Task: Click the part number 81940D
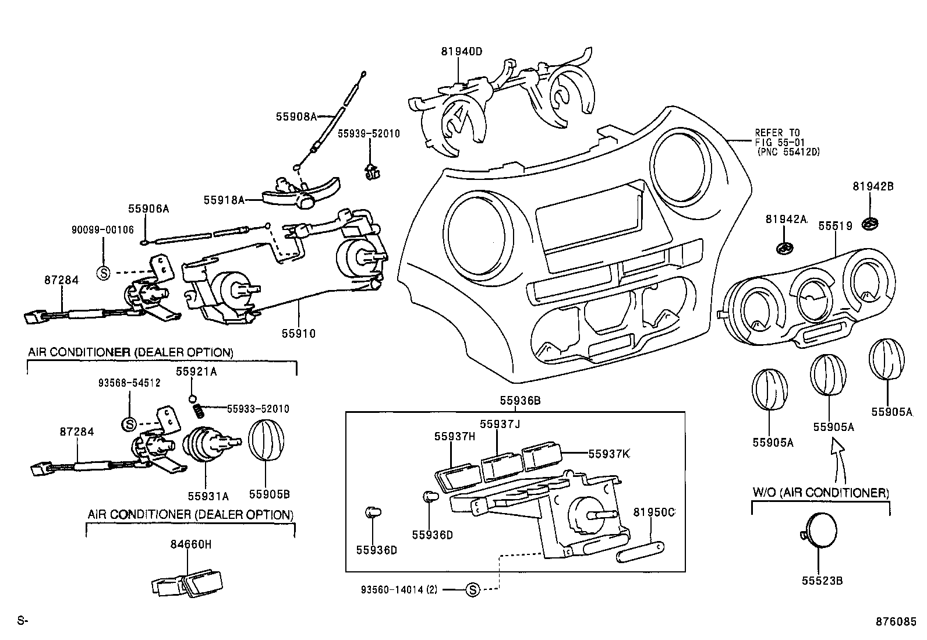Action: pos(461,51)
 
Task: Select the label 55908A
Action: pos(296,116)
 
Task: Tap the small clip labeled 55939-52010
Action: pos(370,171)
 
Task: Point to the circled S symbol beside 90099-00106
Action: pos(102,273)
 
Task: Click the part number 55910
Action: pos(299,334)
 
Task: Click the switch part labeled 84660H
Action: pos(187,583)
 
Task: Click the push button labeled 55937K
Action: pos(541,457)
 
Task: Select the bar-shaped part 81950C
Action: pos(641,551)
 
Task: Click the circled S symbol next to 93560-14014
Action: pos(473,590)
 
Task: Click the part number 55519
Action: pos(836,225)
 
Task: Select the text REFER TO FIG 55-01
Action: pos(778,137)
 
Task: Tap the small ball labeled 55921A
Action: pos(192,399)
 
